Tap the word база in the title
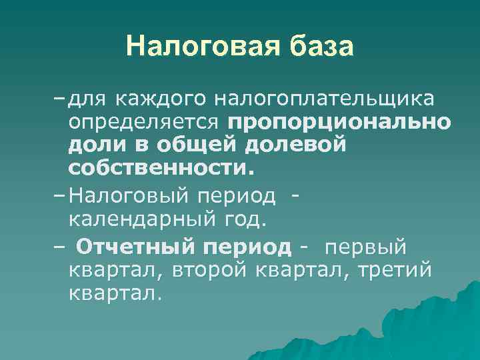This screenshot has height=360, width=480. pos(321,46)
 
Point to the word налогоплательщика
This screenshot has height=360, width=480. pos(325,100)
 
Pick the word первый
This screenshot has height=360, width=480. pos(365,248)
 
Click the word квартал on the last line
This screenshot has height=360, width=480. pos(114,293)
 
